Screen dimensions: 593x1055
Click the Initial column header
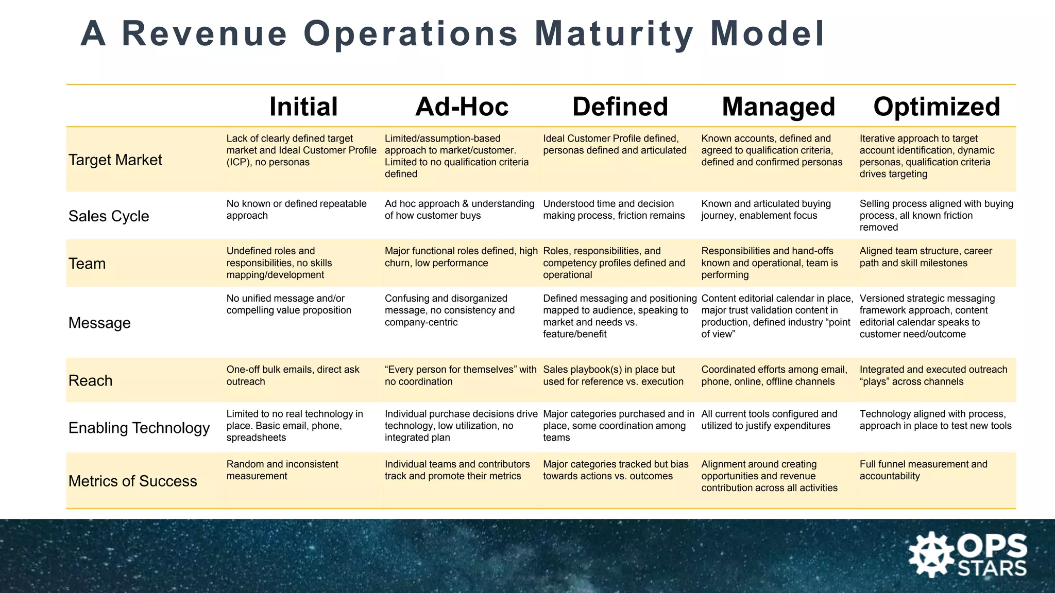pos(303,107)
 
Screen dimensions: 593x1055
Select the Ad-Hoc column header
pos(462,107)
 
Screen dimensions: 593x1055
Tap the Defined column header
pos(620,107)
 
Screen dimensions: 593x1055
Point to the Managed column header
pos(778,107)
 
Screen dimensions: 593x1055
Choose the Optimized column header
pos(937,107)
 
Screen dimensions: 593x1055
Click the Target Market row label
pos(115,160)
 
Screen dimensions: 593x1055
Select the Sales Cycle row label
pos(109,216)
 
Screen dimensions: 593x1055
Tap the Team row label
pos(87,264)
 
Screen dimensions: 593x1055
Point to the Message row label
pos(99,323)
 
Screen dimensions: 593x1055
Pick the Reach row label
pos(91,381)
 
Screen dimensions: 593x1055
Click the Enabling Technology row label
pos(139,428)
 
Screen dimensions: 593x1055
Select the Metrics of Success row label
pos(133,481)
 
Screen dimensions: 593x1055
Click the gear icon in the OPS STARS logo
pos(931,555)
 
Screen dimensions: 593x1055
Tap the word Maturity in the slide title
pos(614,34)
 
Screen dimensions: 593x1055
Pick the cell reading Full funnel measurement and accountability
pos(923,470)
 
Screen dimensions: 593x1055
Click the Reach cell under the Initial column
pos(293,375)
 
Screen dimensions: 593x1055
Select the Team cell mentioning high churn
pos(461,257)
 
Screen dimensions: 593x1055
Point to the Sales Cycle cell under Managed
pos(766,210)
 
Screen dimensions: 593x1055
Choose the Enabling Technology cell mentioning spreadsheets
pos(295,426)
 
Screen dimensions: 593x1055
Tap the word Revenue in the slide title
pos(205,34)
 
